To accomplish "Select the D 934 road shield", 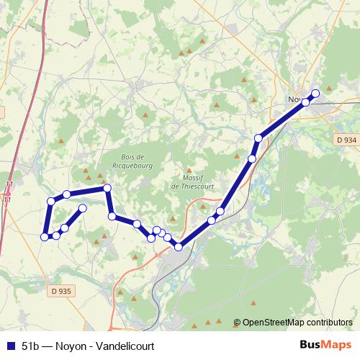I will coord(346,139).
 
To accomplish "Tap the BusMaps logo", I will coord(325,345).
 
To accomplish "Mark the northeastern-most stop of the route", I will coord(315,93).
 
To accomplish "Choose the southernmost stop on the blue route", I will coord(179,247).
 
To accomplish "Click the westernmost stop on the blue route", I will coord(45,236).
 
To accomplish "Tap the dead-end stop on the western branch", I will coord(82,208).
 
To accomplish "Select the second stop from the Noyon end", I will coord(305,102).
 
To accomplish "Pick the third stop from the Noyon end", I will coord(258,138).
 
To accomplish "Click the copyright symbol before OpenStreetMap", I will coord(237,323).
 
